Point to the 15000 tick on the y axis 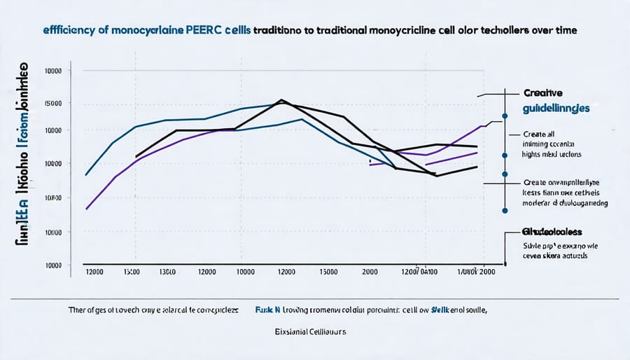coord(53,103)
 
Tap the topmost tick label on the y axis coord(53,71)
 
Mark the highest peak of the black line coord(281,99)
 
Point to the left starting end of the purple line coord(86,209)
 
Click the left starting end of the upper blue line coord(85,174)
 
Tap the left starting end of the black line coord(136,156)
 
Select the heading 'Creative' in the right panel coord(543,92)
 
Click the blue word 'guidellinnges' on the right coord(556,109)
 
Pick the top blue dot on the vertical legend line coord(504,116)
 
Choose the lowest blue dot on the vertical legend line coord(504,209)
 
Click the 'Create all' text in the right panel coord(543,133)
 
